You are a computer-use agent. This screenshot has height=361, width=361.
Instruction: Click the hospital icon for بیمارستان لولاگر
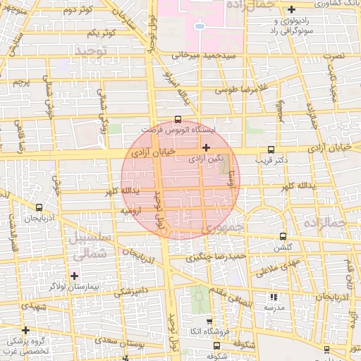[75, 274]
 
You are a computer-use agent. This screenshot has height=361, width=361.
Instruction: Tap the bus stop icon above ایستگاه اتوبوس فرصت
[177, 120]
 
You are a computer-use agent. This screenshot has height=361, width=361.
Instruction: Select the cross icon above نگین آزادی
[206, 147]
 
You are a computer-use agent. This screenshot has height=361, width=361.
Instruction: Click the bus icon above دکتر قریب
[271, 149]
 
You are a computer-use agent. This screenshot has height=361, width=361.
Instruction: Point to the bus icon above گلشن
[283, 236]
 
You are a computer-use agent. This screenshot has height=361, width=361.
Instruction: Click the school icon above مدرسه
[274, 298]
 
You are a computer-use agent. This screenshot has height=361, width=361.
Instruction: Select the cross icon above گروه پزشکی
[26, 329]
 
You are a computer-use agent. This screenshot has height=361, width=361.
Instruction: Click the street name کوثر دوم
[78, 11]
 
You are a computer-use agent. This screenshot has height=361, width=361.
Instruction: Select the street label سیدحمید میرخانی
[202, 54]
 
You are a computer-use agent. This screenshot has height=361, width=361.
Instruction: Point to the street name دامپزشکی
[130, 290]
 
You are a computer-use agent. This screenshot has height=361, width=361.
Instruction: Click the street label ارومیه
[133, 210]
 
